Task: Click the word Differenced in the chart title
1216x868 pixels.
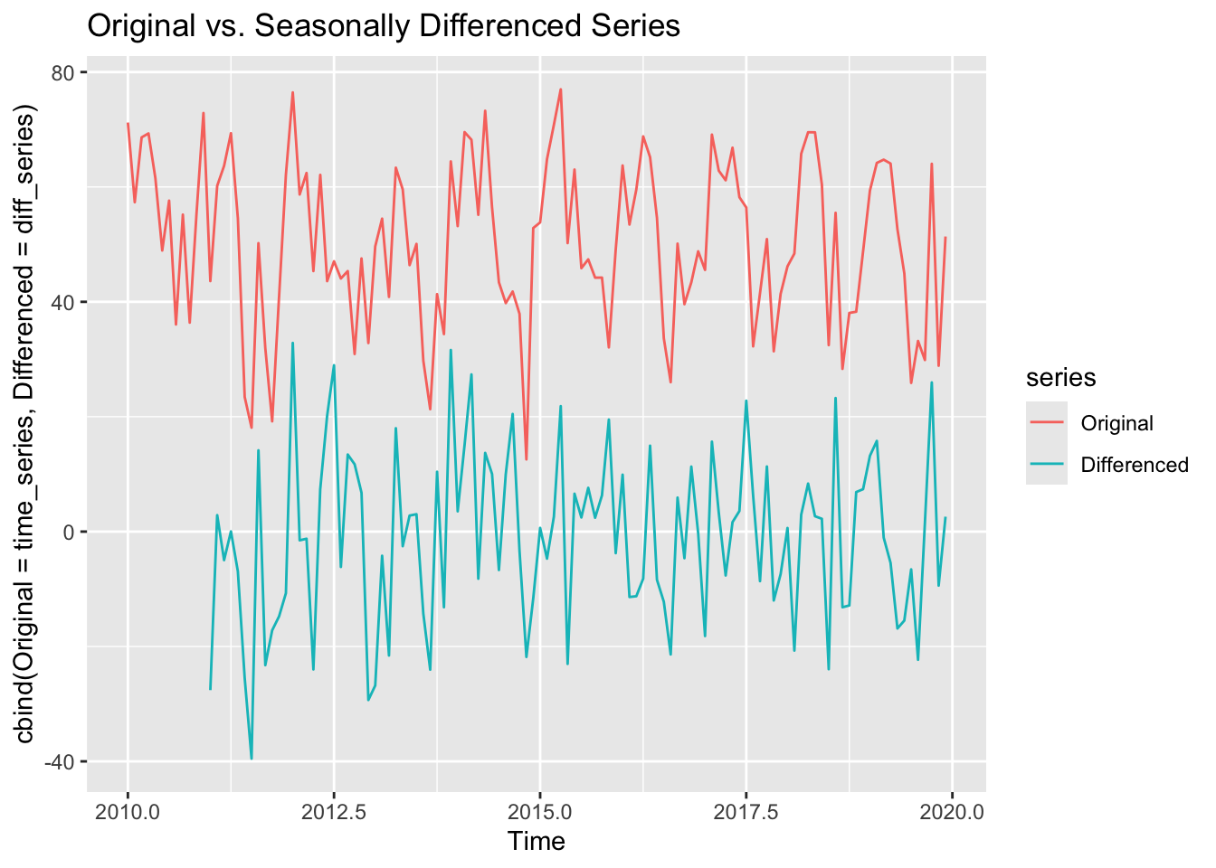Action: (x=494, y=26)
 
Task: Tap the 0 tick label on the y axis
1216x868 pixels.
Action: (x=69, y=532)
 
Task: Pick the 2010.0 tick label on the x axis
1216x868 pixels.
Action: (x=128, y=811)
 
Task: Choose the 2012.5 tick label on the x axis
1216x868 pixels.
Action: (x=334, y=811)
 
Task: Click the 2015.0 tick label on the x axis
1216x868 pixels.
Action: (x=540, y=811)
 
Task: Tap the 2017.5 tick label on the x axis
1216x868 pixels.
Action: (x=746, y=811)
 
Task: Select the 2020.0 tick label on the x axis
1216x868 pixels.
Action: (x=953, y=811)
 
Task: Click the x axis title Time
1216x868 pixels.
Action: (x=537, y=842)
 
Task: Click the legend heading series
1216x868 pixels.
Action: (x=1060, y=377)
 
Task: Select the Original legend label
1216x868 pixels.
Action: (x=1116, y=423)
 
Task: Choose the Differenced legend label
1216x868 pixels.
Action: (x=1134, y=465)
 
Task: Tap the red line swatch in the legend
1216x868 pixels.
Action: (x=1047, y=423)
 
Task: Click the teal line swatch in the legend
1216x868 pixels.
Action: (x=1047, y=465)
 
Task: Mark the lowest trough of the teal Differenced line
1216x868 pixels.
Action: (x=252, y=759)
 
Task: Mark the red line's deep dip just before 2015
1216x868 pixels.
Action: (x=527, y=459)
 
